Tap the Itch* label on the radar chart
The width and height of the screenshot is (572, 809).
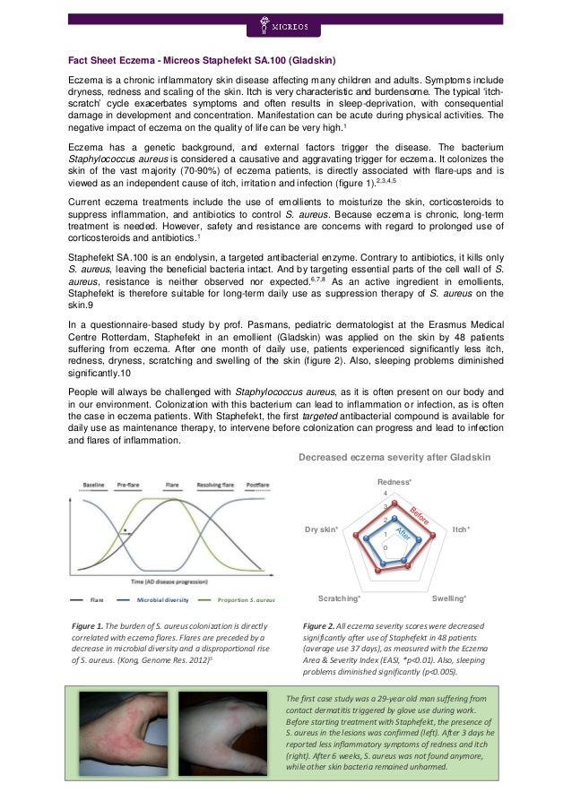462,529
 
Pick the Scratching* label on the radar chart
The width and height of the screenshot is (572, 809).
340,597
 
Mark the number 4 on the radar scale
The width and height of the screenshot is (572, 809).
385,495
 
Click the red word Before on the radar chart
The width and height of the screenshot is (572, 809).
421,517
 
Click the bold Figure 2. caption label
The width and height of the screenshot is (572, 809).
323,624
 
